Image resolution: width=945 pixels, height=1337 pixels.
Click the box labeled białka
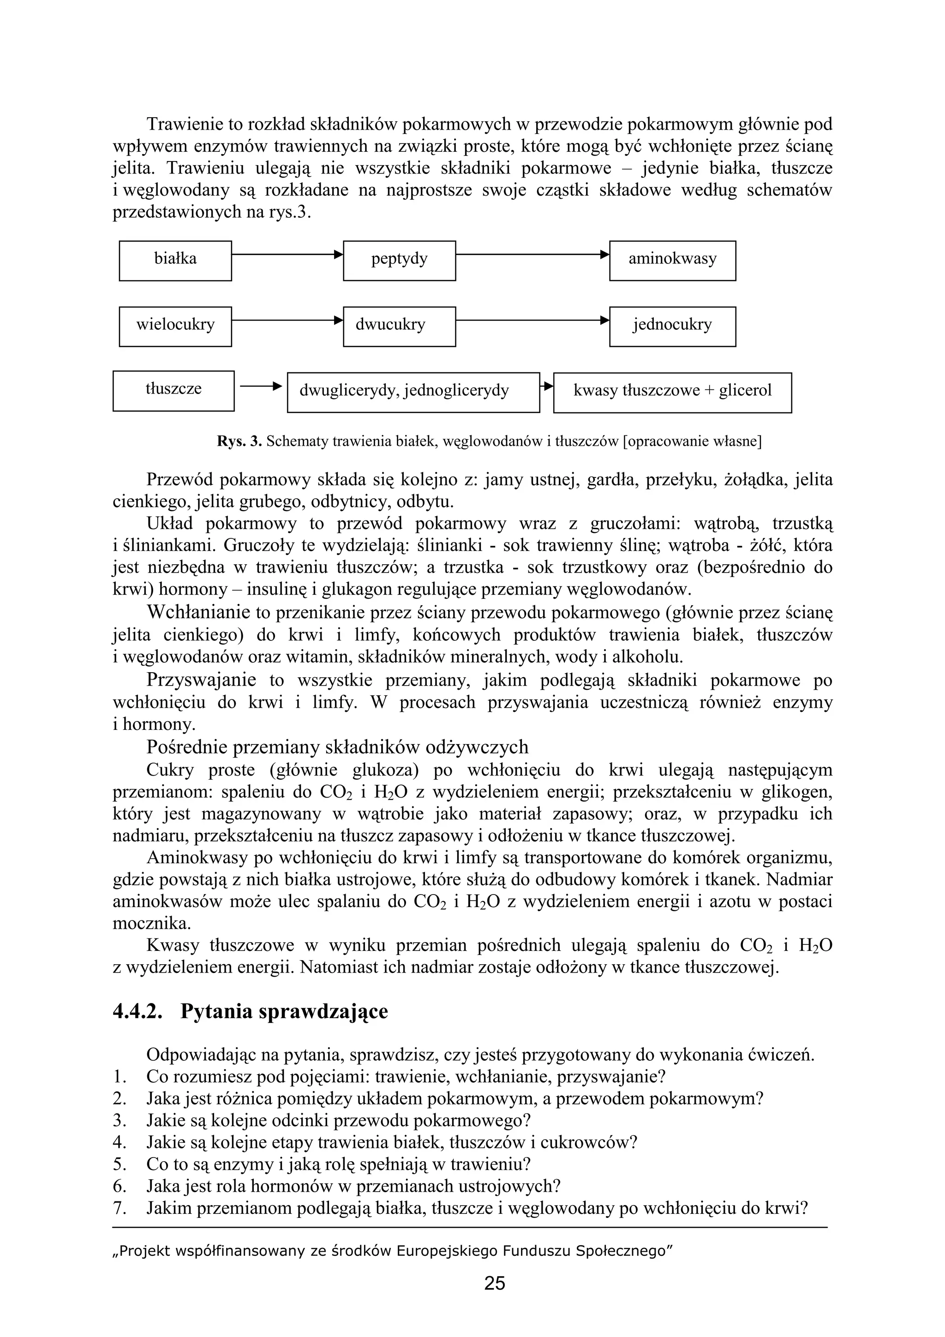[175, 260]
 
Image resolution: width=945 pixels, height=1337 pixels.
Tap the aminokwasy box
[672, 260]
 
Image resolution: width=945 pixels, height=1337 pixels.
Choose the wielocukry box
[175, 326]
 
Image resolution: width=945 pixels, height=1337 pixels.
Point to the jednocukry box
[672, 326]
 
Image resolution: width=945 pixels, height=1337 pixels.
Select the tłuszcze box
[173, 391]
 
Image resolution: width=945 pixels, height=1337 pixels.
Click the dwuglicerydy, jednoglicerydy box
[413, 393]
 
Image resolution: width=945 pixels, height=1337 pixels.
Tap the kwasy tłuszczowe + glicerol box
[672, 393]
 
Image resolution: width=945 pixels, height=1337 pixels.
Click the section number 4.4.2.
[138, 1011]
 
